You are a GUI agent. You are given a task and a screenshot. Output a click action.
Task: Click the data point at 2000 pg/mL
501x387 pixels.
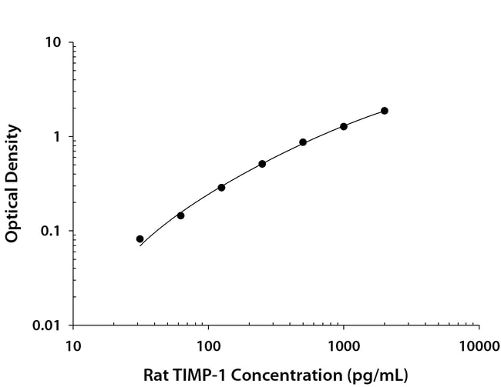(x=385, y=111)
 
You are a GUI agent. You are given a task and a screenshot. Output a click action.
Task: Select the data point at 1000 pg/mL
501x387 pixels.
(x=344, y=126)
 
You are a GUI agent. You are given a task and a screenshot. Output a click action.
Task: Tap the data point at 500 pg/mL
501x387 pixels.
(x=303, y=142)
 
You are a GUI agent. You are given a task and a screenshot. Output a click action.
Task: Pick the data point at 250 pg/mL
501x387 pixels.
(x=262, y=164)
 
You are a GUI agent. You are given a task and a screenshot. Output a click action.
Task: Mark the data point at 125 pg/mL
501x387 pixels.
(x=221, y=187)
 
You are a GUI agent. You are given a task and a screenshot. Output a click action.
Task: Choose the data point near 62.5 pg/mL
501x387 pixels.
(x=180, y=215)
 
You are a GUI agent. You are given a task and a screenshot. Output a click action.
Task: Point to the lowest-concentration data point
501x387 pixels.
(x=140, y=239)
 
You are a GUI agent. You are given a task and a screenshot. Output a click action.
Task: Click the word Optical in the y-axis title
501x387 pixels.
(x=12, y=213)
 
